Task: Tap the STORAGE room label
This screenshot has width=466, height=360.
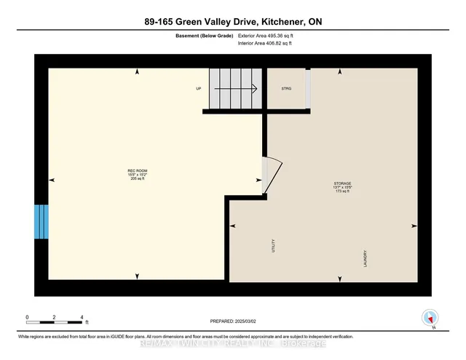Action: click(x=343, y=184)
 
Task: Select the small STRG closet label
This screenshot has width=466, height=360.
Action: click(x=286, y=89)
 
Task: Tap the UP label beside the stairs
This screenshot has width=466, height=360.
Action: click(x=198, y=89)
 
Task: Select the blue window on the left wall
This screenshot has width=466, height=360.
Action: click(x=41, y=222)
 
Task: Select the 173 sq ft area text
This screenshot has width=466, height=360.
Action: click(x=343, y=192)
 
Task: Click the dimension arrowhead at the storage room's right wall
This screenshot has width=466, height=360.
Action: click(x=414, y=225)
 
